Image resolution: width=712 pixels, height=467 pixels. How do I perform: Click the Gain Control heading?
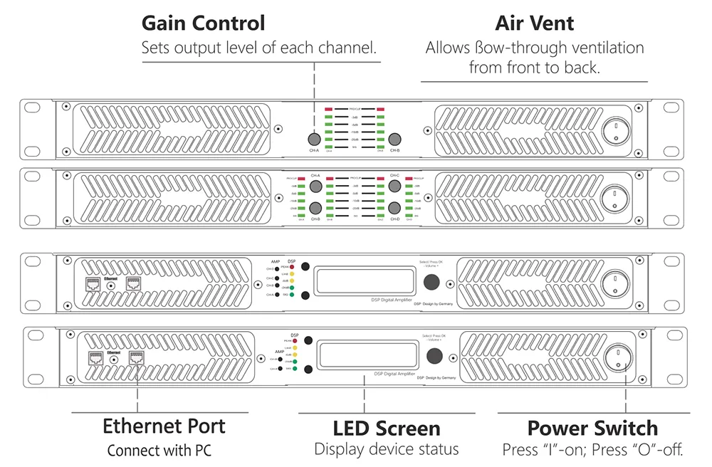[x=203, y=23]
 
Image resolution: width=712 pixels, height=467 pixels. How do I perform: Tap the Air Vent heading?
[x=534, y=23]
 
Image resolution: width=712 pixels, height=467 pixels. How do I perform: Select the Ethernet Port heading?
[x=164, y=426]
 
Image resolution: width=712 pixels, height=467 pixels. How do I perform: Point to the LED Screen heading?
[x=387, y=429]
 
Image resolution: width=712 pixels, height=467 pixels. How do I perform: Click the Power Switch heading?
[x=592, y=429]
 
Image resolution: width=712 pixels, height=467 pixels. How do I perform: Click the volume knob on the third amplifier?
[x=431, y=283]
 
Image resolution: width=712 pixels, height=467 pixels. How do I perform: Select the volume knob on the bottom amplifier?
[x=434, y=355]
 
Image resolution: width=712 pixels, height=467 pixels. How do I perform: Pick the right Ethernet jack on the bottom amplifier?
[x=135, y=358]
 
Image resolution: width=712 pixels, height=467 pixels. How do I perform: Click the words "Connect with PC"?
[x=159, y=451]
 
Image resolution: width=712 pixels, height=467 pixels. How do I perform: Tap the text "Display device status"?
[x=387, y=450]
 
